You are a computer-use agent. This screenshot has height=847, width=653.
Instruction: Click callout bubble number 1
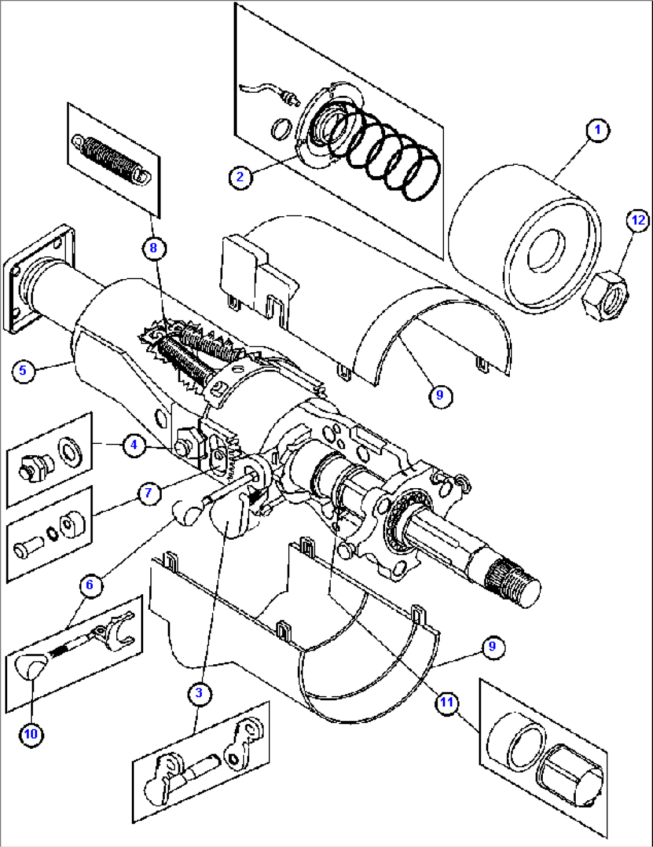[597, 130]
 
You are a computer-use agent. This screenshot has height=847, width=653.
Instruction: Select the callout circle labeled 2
[240, 177]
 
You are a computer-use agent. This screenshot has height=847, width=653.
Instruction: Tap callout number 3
[199, 694]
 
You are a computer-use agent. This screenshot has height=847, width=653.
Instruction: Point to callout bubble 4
[134, 444]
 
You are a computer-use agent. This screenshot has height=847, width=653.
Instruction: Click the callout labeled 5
[23, 370]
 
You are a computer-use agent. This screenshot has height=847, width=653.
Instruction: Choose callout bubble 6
[90, 585]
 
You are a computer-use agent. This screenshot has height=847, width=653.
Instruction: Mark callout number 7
[149, 494]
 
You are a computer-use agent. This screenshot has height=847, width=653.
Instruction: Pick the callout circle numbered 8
[153, 248]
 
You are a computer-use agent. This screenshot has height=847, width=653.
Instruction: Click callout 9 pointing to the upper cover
[440, 395]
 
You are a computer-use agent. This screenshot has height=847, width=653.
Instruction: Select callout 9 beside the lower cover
[492, 646]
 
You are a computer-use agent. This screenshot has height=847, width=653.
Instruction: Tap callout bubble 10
[31, 734]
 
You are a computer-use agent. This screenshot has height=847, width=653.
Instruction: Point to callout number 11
[447, 702]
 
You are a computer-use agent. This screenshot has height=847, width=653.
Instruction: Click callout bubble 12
[638, 220]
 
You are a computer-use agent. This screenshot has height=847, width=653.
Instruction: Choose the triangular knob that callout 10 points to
[32, 665]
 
